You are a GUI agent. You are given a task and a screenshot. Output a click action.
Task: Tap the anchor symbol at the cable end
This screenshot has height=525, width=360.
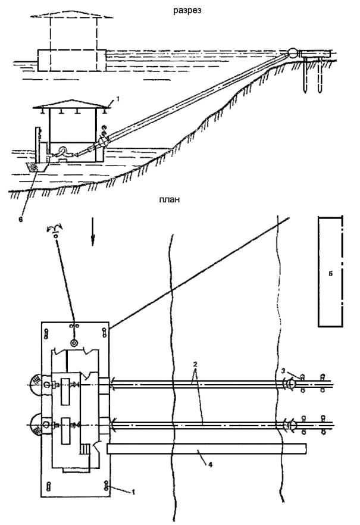tap(56, 232)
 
